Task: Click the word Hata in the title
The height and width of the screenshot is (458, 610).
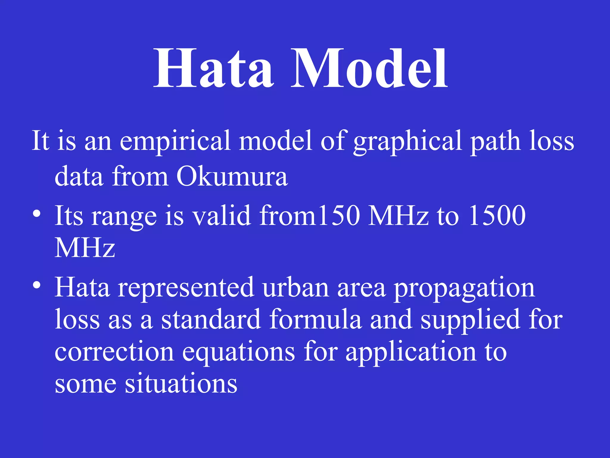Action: [213, 69]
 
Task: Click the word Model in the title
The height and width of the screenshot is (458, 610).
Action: [369, 69]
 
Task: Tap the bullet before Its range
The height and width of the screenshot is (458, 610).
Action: [37, 214]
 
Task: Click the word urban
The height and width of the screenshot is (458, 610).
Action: [296, 287]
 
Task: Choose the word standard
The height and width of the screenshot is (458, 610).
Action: [211, 320]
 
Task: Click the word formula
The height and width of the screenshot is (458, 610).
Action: [316, 320]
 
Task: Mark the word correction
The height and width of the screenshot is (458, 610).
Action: [114, 352]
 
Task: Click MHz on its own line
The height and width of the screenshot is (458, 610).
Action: [85, 248]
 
